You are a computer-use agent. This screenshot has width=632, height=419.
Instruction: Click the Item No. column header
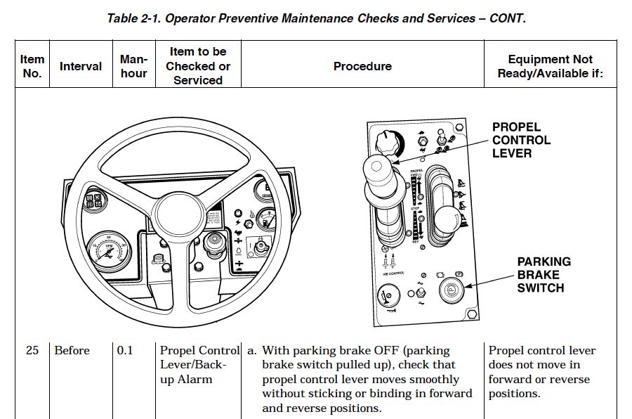click(32, 66)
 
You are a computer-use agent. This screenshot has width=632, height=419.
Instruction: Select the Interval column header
click(80, 66)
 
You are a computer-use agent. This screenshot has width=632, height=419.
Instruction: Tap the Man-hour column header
click(133, 66)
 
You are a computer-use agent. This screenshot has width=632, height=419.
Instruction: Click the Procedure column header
click(362, 66)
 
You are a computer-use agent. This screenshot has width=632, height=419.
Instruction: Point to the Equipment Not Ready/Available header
click(550, 66)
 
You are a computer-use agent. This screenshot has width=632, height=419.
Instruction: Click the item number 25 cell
click(32, 350)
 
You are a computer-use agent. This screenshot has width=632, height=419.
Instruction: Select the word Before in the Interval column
click(72, 350)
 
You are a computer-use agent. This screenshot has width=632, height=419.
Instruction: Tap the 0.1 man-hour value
click(125, 350)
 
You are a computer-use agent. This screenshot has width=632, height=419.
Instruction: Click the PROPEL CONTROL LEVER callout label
click(521, 140)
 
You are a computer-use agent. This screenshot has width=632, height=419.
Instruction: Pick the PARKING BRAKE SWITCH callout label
click(544, 274)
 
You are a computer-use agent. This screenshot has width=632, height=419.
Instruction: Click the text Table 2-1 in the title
click(133, 18)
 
